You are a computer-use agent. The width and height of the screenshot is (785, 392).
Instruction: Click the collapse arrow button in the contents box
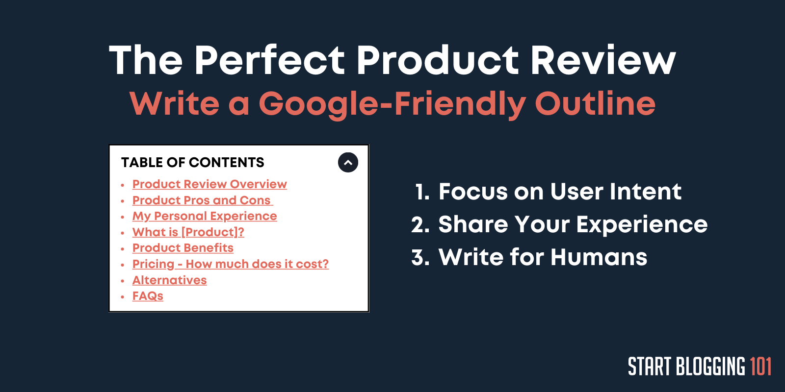(348, 162)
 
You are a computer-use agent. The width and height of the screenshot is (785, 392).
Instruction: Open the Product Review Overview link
(209, 184)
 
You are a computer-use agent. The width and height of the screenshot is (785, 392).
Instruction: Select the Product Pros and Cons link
(202, 200)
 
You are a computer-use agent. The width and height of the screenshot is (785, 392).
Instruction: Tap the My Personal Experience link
(205, 216)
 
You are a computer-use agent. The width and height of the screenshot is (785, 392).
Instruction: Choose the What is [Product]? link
(188, 232)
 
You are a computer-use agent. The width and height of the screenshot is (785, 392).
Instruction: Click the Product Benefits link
(183, 248)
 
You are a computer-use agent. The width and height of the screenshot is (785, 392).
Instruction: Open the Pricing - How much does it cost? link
(230, 264)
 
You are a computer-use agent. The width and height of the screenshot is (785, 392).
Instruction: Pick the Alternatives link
(169, 280)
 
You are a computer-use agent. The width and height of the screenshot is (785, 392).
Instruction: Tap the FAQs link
(148, 296)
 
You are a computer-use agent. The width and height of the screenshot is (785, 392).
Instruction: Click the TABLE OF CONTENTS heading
(192, 162)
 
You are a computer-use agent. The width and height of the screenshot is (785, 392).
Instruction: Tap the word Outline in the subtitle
(595, 103)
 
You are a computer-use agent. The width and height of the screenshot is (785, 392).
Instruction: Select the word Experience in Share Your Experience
(642, 224)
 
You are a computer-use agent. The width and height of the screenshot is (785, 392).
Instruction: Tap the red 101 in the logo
(760, 367)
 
